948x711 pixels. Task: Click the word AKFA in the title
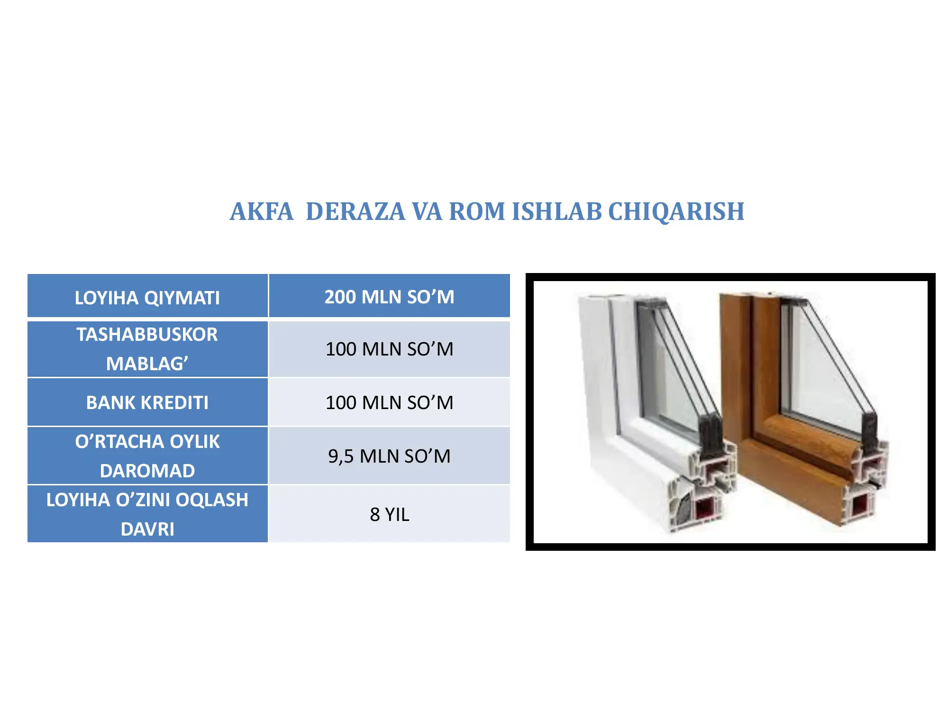pyautogui.click(x=261, y=211)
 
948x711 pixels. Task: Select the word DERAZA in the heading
pyautogui.click(x=355, y=211)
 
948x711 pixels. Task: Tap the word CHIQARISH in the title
pyautogui.click(x=676, y=211)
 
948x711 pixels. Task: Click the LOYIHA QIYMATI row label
pyautogui.click(x=147, y=298)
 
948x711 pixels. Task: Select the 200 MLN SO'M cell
pyautogui.click(x=389, y=297)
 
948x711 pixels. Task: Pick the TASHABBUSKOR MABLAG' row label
pyautogui.click(x=147, y=349)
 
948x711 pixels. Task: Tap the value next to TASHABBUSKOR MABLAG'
pyautogui.click(x=389, y=349)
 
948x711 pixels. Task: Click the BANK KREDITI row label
pyautogui.click(x=147, y=402)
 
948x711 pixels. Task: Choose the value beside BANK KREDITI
pyautogui.click(x=389, y=402)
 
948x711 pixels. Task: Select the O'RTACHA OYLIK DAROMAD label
pyautogui.click(x=147, y=456)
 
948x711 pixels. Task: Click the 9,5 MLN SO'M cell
pyautogui.click(x=389, y=456)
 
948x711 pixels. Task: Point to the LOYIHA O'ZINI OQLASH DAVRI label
pyautogui.click(x=147, y=514)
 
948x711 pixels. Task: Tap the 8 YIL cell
pyautogui.click(x=389, y=514)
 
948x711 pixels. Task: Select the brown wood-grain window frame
pyautogui.click(x=739, y=379)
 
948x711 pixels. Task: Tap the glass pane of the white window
pyautogui.click(x=668, y=374)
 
